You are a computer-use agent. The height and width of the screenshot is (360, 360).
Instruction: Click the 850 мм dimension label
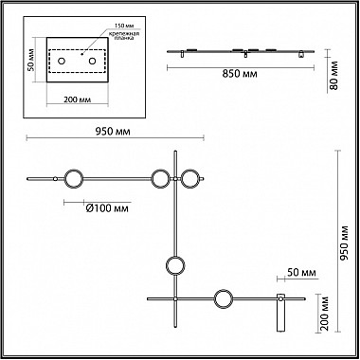coord(240,74)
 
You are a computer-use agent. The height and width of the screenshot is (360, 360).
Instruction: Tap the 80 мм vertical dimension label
coord(333,75)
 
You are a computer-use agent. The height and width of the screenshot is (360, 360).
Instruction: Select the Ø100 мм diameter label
coord(107,208)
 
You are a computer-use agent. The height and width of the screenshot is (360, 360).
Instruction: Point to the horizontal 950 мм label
coord(113,132)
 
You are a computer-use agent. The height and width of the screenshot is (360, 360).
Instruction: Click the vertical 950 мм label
coord(344,243)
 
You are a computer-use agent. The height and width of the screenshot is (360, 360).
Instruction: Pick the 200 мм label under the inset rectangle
coord(78,99)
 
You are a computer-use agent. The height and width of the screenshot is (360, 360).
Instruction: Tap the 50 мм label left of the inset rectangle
coord(30,60)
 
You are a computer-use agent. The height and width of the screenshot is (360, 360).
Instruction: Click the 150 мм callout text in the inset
coord(122,26)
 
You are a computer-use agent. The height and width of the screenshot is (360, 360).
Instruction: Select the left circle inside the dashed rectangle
coord(62,61)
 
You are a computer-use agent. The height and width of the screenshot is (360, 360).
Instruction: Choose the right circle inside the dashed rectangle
coord(92,61)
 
